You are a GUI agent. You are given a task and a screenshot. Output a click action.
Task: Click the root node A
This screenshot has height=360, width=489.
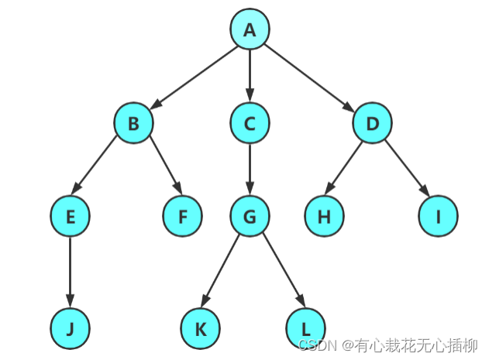pos(249,29)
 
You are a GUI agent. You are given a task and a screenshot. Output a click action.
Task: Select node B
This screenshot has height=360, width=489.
pos(133,123)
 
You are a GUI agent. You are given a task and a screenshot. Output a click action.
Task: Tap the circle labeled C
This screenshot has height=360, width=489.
pos(249,123)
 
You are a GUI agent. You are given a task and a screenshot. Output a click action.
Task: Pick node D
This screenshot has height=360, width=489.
pos(372,123)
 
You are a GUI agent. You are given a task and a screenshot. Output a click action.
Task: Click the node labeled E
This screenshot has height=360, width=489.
pos(71,217)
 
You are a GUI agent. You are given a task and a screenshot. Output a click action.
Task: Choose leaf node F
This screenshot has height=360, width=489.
pos(183,217)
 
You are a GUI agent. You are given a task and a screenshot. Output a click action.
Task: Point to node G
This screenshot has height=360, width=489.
pos(249,217)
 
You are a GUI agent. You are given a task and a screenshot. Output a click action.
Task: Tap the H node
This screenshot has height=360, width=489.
pos(324,217)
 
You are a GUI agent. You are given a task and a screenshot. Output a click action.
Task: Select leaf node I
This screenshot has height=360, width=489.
pos(438,217)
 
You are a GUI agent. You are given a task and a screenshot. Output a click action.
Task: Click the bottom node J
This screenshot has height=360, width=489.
pos(71,328)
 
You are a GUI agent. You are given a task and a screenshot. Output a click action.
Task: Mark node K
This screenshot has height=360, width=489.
pos(201,328)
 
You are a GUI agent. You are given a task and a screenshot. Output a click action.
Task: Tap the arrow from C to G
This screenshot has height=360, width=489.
pos(249,169)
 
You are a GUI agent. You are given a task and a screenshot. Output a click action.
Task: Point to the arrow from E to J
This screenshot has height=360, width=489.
pos(71,271)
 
